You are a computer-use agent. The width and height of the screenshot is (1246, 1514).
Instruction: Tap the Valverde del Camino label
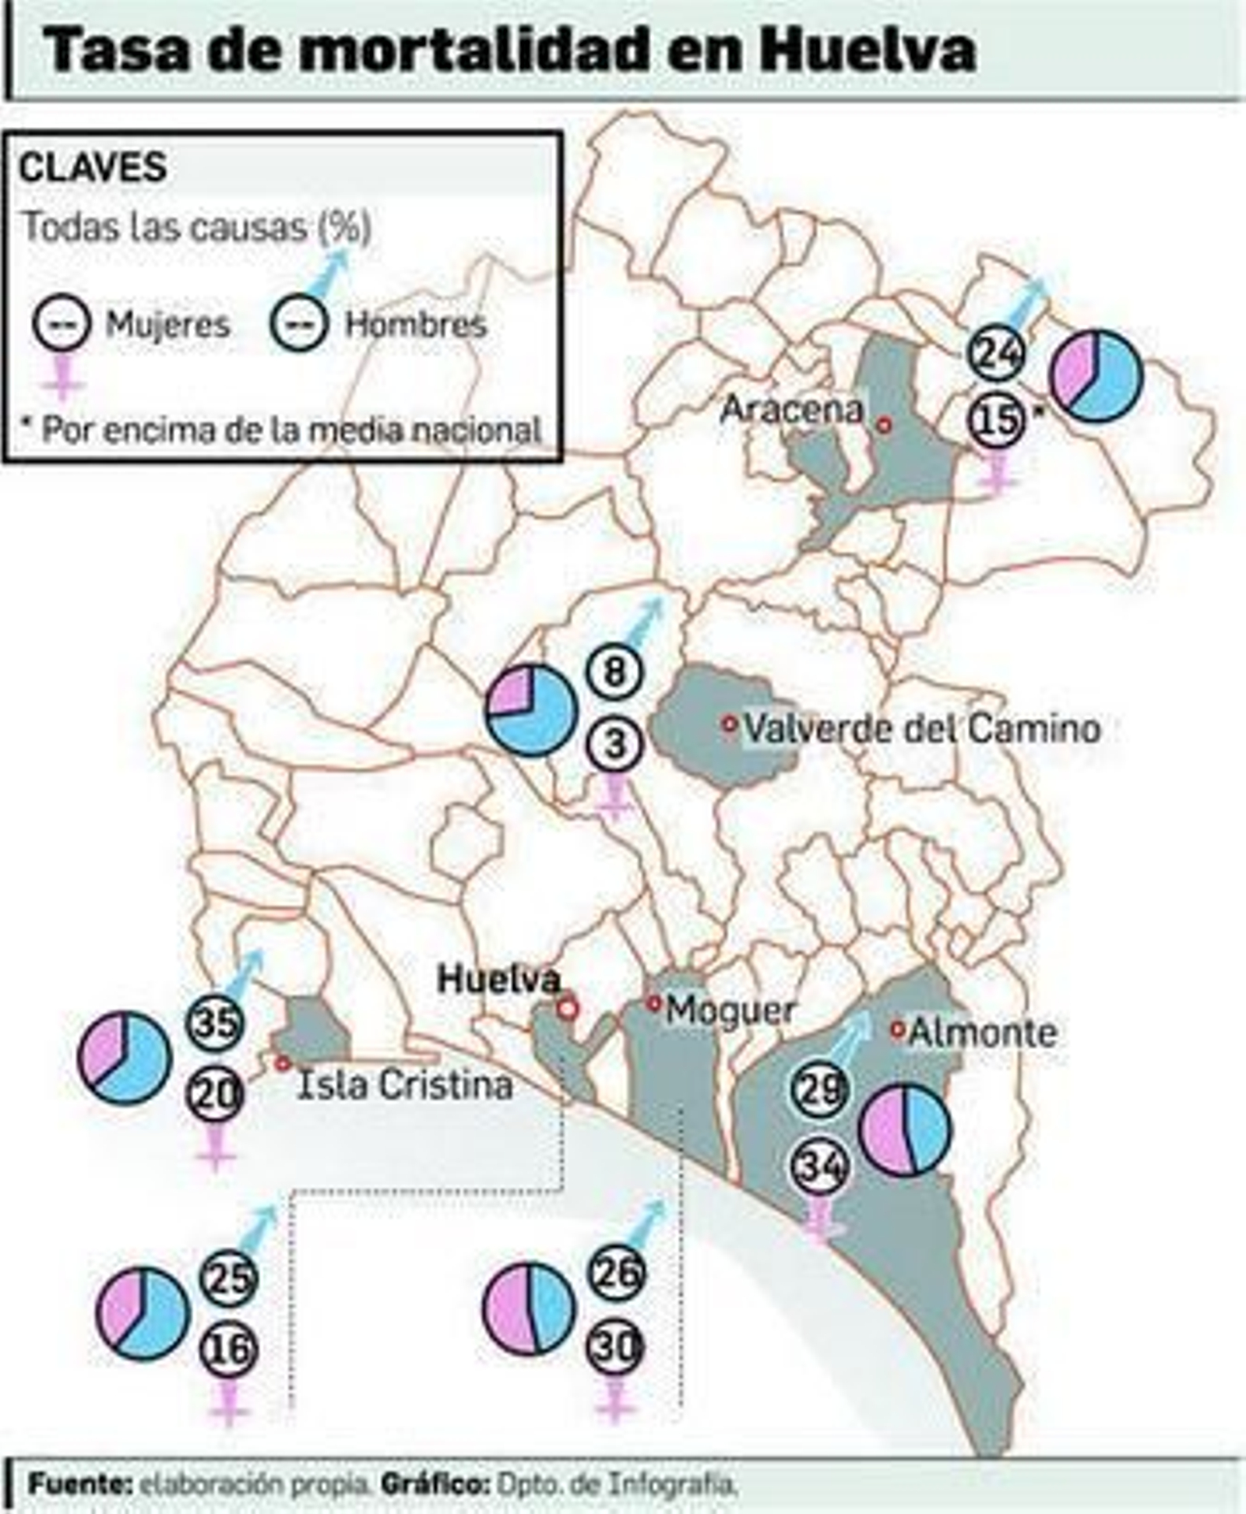click(922, 729)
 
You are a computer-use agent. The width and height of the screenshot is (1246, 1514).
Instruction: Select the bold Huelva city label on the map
click(498, 979)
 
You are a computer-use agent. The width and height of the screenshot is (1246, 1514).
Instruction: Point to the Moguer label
click(730, 1011)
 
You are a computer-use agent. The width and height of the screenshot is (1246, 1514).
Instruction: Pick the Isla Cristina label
click(405, 1086)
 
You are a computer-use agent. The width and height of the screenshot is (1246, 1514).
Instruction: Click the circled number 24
click(996, 354)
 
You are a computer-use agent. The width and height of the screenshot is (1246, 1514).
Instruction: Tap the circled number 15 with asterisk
click(996, 420)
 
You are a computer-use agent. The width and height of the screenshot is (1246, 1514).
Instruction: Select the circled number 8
click(615, 671)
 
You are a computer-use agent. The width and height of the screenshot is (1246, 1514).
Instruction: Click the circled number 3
click(615, 743)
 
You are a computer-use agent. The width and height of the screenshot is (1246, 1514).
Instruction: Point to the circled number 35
click(216, 1023)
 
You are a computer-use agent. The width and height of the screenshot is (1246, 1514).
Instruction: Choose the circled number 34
click(819, 1167)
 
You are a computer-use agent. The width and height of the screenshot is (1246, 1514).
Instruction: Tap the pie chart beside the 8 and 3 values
click(531, 709)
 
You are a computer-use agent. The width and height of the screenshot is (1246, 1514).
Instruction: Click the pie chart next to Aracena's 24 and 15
click(1096, 375)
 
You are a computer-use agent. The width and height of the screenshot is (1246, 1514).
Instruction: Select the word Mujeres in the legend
click(167, 324)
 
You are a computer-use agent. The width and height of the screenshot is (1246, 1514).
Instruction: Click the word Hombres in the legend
click(416, 324)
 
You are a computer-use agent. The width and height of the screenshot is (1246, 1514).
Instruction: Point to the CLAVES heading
click(93, 167)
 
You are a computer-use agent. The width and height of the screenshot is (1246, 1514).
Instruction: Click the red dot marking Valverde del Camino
click(729, 724)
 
